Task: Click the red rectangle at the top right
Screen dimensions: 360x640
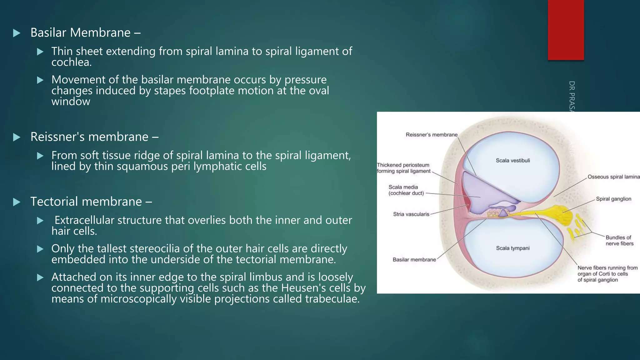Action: point(566,30)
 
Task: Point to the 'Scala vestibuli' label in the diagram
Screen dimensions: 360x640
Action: point(513,161)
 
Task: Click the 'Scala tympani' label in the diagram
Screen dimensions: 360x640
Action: point(513,248)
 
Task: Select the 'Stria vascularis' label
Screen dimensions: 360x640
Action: point(411,214)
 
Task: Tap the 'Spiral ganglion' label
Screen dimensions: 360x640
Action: point(613,199)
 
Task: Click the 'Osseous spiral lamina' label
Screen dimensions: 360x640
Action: point(613,177)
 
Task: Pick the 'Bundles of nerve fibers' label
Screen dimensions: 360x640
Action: point(619,241)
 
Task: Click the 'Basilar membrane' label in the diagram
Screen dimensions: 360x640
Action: point(414,260)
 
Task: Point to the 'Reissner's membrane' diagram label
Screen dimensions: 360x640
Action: point(431,135)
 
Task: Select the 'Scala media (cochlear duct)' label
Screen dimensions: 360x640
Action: point(406,190)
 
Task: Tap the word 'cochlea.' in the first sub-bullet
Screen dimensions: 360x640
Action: point(72,62)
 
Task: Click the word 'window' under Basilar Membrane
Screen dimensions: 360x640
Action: point(71,102)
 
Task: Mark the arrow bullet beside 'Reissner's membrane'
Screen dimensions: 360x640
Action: point(17,137)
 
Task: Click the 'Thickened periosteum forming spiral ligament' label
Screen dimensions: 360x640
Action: point(403,168)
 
